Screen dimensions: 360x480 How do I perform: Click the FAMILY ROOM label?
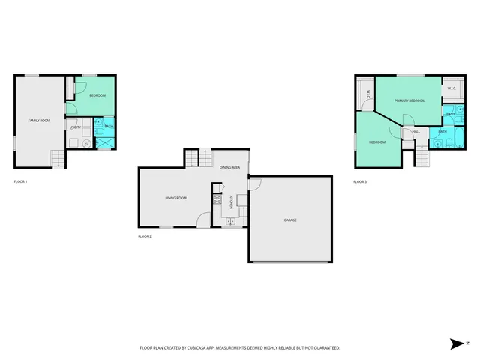point(38,121)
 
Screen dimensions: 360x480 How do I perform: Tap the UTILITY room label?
point(75,127)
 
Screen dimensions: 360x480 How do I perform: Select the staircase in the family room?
point(58,159)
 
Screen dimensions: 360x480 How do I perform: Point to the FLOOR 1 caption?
point(21,182)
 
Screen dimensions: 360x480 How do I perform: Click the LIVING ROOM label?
point(176,198)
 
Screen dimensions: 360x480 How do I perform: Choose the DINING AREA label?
point(230,167)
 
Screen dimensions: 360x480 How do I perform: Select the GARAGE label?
point(290,220)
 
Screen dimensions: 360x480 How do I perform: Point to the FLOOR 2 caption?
point(145,236)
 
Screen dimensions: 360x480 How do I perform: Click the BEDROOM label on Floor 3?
point(376,142)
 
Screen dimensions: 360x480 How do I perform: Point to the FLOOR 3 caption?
point(361,182)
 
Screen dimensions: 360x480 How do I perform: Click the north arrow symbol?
point(457,343)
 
